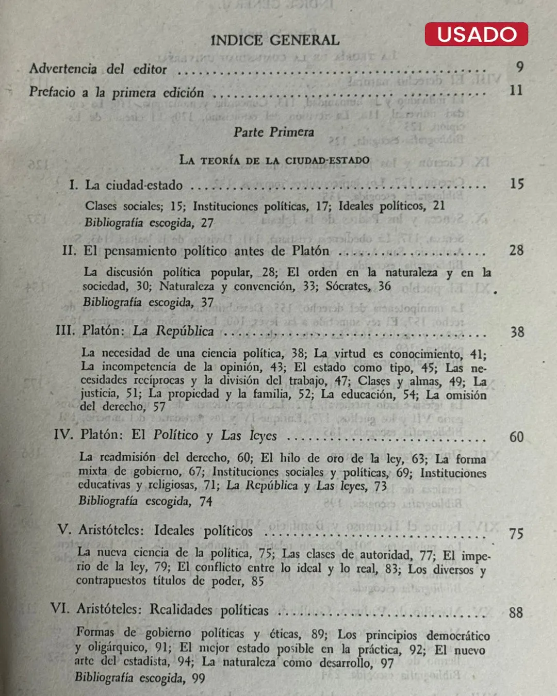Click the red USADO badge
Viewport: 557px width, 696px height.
(x=476, y=34)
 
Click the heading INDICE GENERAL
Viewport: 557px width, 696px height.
(x=275, y=40)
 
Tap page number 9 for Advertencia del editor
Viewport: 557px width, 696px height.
(x=519, y=67)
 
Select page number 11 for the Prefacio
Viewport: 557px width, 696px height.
(x=516, y=90)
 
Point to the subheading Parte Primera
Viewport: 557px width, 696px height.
(x=273, y=132)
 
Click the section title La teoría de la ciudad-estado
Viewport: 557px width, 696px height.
(x=274, y=160)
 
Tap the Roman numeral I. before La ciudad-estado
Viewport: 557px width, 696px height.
(x=73, y=185)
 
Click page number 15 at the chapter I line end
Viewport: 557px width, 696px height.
(x=516, y=184)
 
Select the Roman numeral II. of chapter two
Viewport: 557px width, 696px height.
(x=69, y=251)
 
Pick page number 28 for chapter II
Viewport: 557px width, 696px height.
(x=516, y=250)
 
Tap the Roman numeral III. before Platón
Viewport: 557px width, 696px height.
(x=65, y=330)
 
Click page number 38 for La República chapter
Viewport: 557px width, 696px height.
(x=517, y=332)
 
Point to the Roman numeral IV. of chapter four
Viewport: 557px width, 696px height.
(x=63, y=434)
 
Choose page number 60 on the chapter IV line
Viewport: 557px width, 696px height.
(x=516, y=437)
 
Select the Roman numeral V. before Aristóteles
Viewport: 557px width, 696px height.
(x=64, y=529)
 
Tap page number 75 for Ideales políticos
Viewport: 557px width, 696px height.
(x=516, y=533)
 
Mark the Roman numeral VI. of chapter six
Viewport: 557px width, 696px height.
(x=60, y=608)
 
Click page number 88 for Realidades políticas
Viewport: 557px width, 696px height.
(x=516, y=612)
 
